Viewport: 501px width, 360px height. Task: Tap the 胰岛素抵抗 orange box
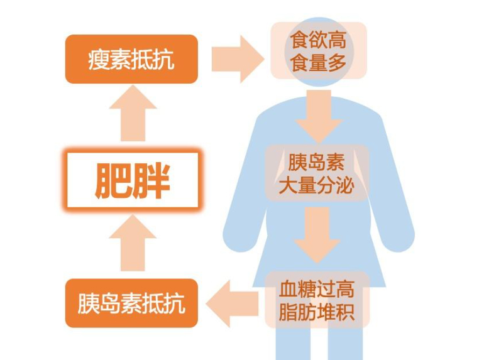(131, 303)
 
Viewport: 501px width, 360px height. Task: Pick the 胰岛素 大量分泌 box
(317, 173)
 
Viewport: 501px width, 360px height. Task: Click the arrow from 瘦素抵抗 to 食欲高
(237, 59)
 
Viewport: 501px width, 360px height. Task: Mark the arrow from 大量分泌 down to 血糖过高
(317, 234)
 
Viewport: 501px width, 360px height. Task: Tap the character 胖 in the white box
(151, 180)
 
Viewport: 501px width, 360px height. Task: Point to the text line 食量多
(318, 63)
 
